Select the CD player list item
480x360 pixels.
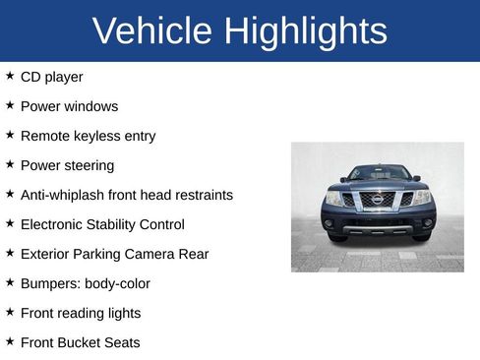click(51, 77)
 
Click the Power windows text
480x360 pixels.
click(69, 106)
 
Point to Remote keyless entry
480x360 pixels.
click(88, 136)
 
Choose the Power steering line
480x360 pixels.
click(67, 165)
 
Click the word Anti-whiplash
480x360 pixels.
click(64, 195)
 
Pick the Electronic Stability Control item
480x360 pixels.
click(102, 224)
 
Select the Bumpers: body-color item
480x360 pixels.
click(85, 283)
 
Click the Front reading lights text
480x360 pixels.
click(81, 313)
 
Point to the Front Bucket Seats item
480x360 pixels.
click(80, 342)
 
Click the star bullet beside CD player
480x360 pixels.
click(10, 76)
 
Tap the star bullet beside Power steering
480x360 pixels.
click(10, 164)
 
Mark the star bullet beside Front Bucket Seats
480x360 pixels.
click(10, 341)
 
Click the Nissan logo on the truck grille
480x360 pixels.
click(378, 200)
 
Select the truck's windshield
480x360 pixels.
click(378, 174)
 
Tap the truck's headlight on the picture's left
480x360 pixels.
click(334, 198)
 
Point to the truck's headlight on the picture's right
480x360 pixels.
click(421, 198)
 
